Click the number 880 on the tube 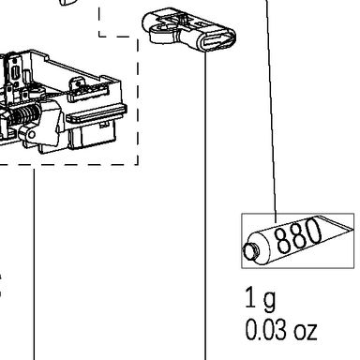point(298,235)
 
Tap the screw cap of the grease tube point(251,251)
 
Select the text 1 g point(260,298)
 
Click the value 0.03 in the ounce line point(265,330)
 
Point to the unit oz point(306,331)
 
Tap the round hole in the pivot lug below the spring point(32,135)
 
